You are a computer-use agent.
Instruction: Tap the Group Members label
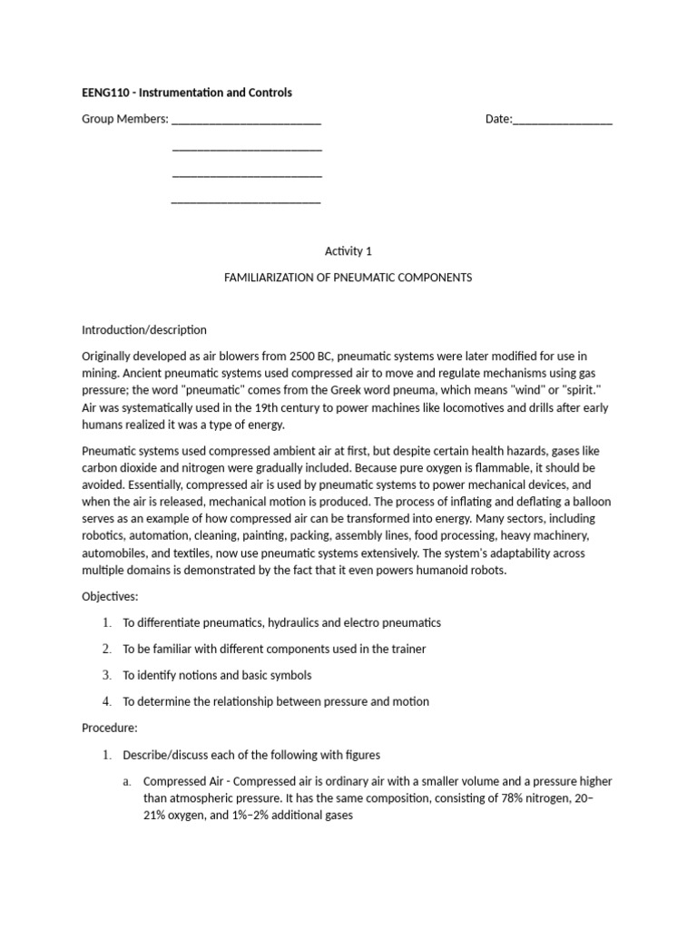124,119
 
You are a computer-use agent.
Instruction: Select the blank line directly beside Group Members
246,120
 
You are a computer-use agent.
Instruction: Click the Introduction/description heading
144,329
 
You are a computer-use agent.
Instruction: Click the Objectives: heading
110,597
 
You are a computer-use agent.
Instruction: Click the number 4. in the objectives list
106,701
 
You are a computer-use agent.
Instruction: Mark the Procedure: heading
109,728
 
